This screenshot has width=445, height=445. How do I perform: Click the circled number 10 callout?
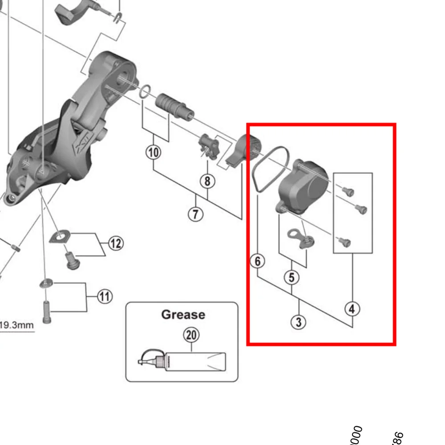pyautogui.click(x=153, y=153)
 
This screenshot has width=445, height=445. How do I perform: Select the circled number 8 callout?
pyautogui.click(x=207, y=181)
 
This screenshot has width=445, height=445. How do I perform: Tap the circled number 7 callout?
pyautogui.click(x=195, y=214)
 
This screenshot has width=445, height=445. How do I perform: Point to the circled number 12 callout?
pyautogui.click(x=115, y=243)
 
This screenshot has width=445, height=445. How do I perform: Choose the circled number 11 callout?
pyautogui.click(x=105, y=296)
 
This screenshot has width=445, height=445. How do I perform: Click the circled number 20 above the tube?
pyautogui.click(x=191, y=335)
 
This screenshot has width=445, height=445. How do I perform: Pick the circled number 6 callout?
pyautogui.click(x=258, y=261)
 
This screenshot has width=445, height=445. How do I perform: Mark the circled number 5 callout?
pyautogui.click(x=291, y=278)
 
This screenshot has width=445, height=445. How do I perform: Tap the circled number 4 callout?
pyautogui.click(x=352, y=308)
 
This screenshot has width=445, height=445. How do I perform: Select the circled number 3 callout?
pyautogui.click(x=299, y=322)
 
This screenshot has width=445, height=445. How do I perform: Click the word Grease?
pyautogui.click(x=183, y=315)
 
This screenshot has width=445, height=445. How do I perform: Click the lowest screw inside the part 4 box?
pyautogui.click(x=345, y=242)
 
